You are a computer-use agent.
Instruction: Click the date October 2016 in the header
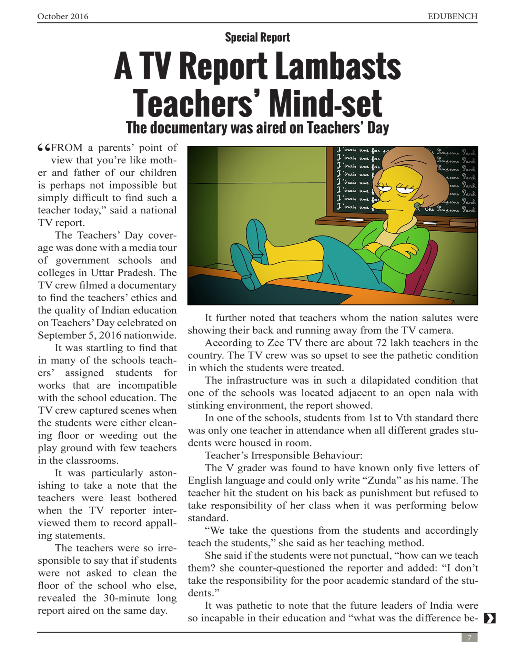pos(63,16)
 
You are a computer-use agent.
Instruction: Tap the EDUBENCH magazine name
pos(452,16)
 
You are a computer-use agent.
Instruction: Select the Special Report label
pos(257,37)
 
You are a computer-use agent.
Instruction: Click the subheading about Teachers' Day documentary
pos(257,128)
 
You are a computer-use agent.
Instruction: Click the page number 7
pos(469,637)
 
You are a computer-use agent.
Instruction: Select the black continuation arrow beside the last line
pos(489,618)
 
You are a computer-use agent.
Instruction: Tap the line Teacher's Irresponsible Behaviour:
pos(283,455)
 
